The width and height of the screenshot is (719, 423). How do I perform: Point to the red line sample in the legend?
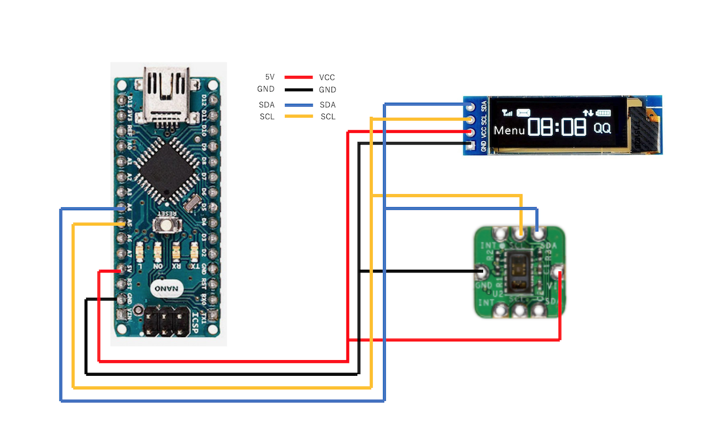coord(298,77)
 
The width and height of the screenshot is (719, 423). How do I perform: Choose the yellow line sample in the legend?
coord(298,117)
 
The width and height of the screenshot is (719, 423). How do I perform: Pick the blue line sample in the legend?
coord(298,105)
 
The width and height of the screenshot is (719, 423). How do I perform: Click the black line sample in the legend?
coord(298,90)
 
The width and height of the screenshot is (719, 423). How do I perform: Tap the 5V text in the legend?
coord(270,77)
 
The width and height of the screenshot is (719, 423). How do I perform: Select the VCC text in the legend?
coord(327,77)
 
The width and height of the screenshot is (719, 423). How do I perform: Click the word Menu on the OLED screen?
coord(509,130)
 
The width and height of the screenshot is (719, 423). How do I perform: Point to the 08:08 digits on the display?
coord(557,128)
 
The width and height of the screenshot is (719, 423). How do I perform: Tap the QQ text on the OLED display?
coord(602,128)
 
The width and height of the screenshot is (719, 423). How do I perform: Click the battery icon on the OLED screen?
coord(604,112)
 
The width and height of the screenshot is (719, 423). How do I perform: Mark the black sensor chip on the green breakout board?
coord(517,272)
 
